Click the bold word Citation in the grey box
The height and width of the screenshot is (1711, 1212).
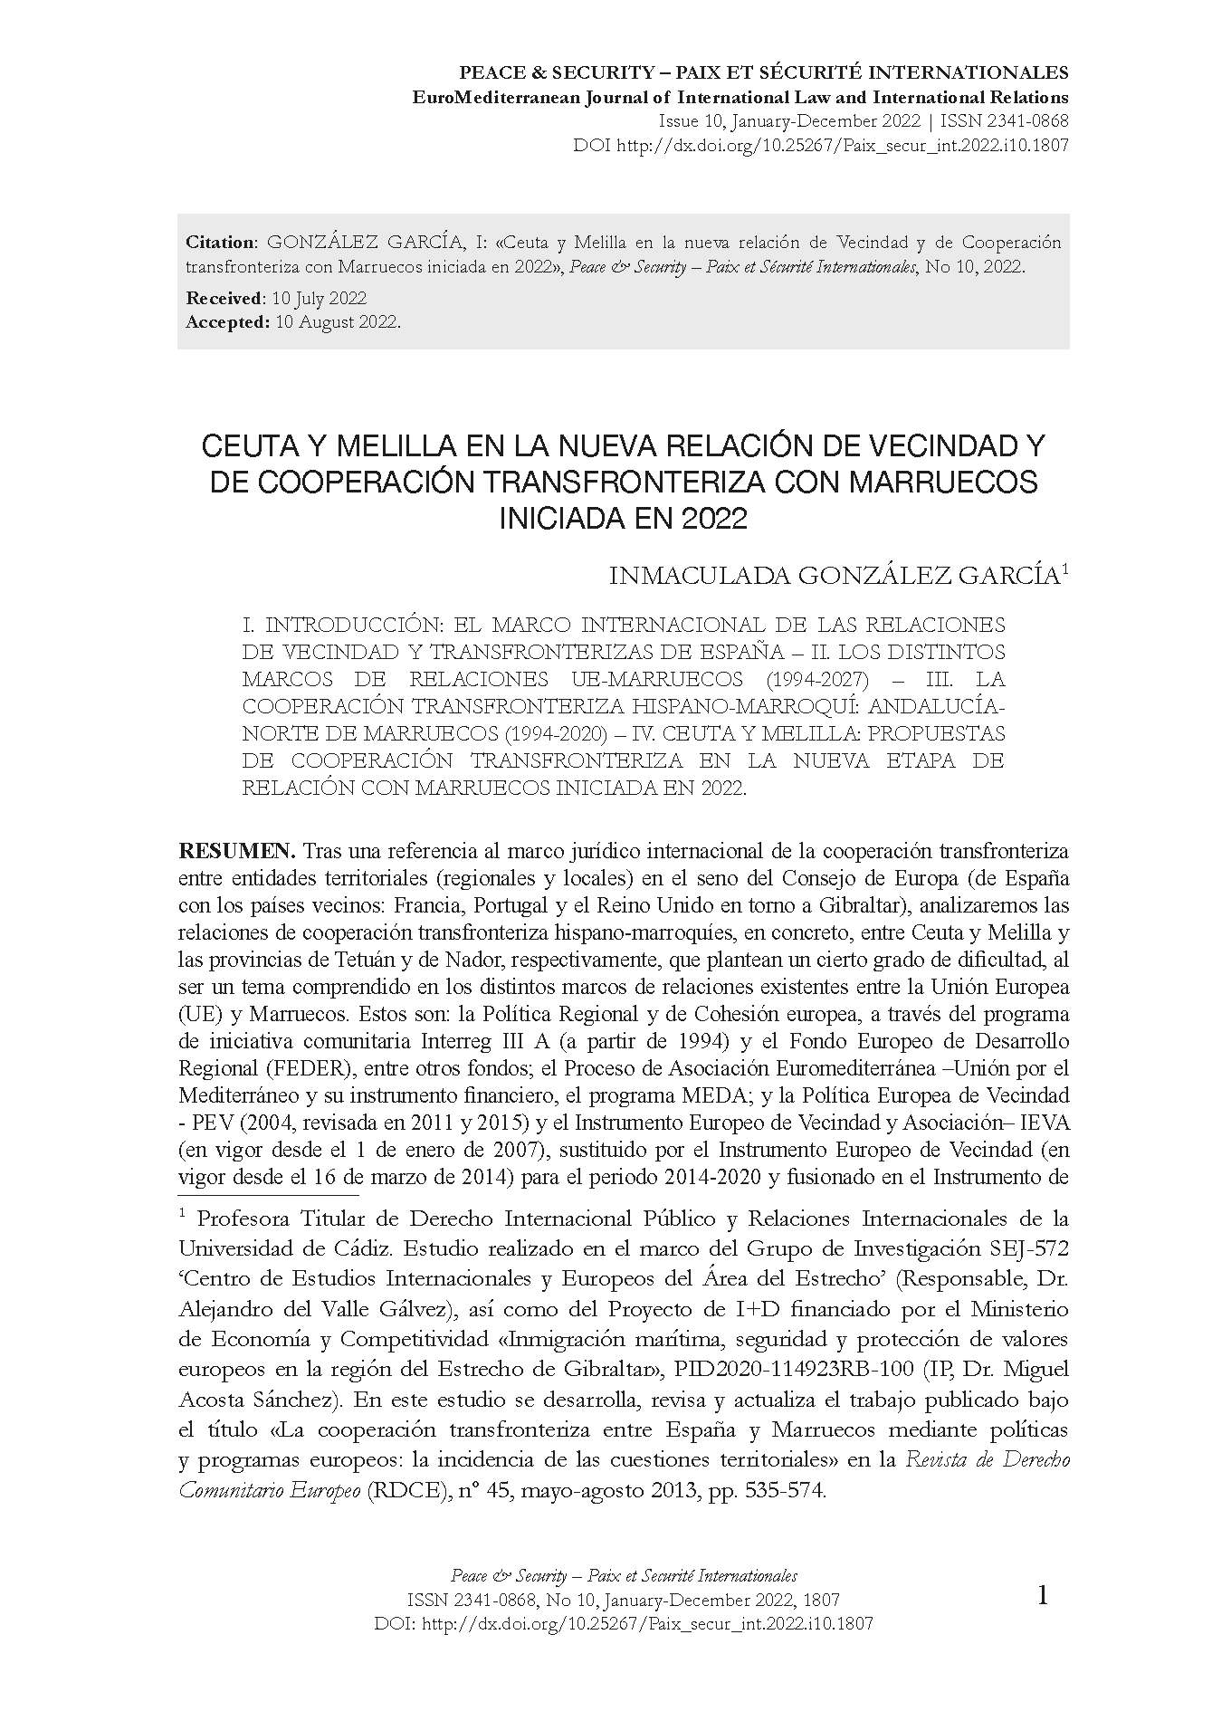[221, 242]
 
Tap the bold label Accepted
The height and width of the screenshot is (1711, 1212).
[226, 321]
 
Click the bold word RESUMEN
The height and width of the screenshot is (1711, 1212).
[236, 851]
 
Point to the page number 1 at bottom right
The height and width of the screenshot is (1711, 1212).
[1043, 1620]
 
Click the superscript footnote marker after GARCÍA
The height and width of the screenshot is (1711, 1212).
[1065, 570]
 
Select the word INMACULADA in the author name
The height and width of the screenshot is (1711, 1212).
[701, 577]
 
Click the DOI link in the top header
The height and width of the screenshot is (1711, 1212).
[842, 144]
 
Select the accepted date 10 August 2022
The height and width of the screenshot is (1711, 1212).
[337, 321]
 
